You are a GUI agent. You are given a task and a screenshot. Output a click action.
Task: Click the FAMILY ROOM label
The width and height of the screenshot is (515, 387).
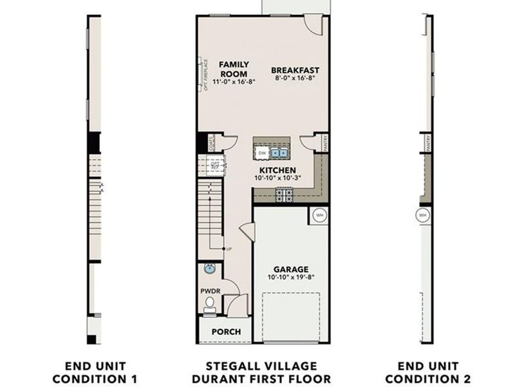234,69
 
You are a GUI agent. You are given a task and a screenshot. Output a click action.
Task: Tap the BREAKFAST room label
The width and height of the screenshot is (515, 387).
295,70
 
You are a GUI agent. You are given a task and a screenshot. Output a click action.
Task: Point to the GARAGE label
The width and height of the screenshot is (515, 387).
290,269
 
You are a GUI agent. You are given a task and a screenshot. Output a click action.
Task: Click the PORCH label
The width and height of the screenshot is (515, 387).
226,332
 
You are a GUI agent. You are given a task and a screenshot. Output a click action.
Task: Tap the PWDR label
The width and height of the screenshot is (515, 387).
210,291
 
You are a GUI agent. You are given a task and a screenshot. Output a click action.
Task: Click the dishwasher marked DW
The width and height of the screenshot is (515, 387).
262,153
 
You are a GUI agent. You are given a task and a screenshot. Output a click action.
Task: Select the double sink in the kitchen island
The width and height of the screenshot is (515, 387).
279,153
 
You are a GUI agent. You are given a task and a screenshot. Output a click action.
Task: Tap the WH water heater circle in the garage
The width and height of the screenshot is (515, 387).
319,215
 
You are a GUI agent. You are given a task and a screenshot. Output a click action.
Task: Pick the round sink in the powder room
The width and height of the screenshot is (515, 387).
209,268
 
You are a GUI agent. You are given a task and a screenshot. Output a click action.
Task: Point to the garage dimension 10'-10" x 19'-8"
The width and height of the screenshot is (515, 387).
290,277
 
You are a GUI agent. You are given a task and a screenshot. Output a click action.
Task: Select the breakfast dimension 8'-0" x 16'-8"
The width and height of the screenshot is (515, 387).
295,78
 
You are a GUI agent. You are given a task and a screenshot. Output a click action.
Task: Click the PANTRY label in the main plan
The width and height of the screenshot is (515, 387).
326,143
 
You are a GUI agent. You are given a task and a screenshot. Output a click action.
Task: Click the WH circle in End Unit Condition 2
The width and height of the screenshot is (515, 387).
423,215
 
